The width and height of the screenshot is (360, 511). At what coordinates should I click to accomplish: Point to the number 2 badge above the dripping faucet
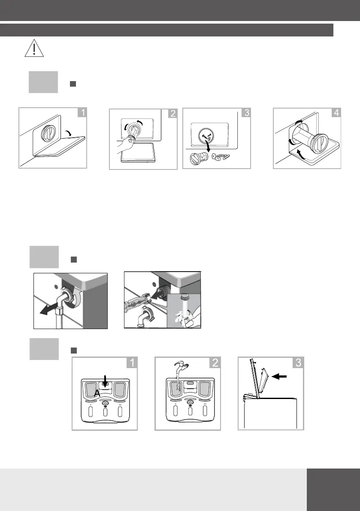point(214,363)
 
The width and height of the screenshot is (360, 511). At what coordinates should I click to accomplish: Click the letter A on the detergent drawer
point(97,393)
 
